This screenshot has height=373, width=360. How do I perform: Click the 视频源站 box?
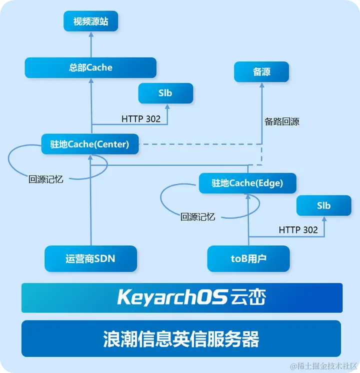[x=90, y=21]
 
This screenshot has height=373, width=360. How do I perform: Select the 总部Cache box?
[x=90, y=67]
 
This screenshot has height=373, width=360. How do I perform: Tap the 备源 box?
[x=261, y=72]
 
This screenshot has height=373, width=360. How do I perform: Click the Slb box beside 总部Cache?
[x=165, y=93]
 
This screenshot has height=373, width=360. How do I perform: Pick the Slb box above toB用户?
[x=323, y=205]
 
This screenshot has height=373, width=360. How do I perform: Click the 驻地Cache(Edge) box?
[x=247, y=183]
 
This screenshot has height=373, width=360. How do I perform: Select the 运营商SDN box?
[x=91, y=258]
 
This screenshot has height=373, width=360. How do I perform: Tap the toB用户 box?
[x=248, y=258]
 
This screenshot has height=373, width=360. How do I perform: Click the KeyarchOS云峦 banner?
[x=181, y=297]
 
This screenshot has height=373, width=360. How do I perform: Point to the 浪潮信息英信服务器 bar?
[x=181, y=339]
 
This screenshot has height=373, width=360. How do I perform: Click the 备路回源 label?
[x=282, y=121]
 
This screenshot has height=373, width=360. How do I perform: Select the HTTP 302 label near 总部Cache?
[x=141, y=119]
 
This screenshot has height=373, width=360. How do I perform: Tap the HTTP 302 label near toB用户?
[x=298, y=230]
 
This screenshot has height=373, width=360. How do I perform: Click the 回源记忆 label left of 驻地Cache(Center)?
[x=46, y=179]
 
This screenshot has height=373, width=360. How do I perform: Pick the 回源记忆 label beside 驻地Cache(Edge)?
[x=197, y=217]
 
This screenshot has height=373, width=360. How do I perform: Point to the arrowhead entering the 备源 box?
[x=261, y=85]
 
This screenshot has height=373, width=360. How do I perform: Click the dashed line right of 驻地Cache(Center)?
[x=200, y=144]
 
